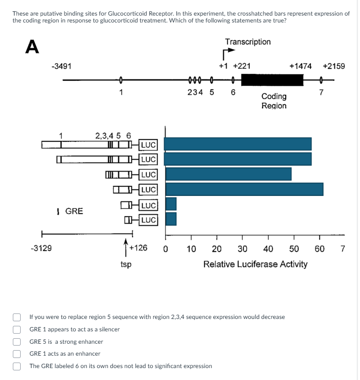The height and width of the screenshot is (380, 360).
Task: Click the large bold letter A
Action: click(32, 46)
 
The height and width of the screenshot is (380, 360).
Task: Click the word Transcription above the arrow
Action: click(248, 42)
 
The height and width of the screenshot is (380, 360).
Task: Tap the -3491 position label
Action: click(61, 66)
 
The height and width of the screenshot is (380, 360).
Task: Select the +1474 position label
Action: click(300, 66)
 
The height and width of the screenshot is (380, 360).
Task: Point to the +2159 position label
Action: click(334, 66)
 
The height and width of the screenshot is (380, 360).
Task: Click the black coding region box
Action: click(272, 80)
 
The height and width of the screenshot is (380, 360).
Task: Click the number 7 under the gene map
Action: click(321, 92)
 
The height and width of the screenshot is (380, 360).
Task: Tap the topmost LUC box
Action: click(148, 145)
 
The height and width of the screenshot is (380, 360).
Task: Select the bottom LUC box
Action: click(148, 220)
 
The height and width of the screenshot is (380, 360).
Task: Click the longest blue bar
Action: click(244, 189)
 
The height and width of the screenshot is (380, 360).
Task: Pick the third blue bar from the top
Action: click(228, 174)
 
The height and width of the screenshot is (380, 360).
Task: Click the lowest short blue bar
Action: click(171, 219)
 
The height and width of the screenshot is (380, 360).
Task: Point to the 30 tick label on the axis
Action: click(243, 249)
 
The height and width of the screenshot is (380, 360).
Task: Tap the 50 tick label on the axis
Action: click(294, 249)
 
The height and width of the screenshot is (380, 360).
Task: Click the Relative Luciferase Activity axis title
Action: click(255, 264)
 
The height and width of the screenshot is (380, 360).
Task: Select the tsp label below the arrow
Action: click(126, 264)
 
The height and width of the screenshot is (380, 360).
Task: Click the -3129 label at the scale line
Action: click(41, 249)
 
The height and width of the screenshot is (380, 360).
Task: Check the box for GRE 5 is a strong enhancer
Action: click(17, 341)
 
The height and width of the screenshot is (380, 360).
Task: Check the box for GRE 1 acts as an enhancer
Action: click(17, 354)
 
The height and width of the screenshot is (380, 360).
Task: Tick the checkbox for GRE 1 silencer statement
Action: click(17, 330)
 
